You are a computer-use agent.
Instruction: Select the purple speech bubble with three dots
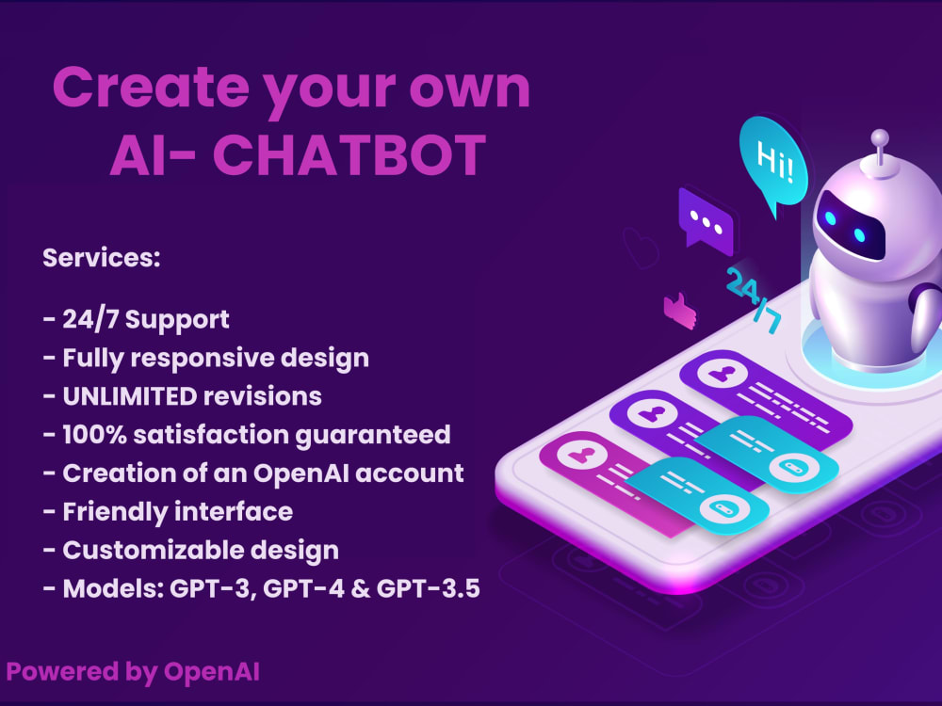(x=705, y=217)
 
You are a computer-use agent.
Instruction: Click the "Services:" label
(x=102, y=258)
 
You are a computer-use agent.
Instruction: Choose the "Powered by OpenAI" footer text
(x=133, y=671)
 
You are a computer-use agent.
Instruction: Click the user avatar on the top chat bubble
(x=723, y=374)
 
